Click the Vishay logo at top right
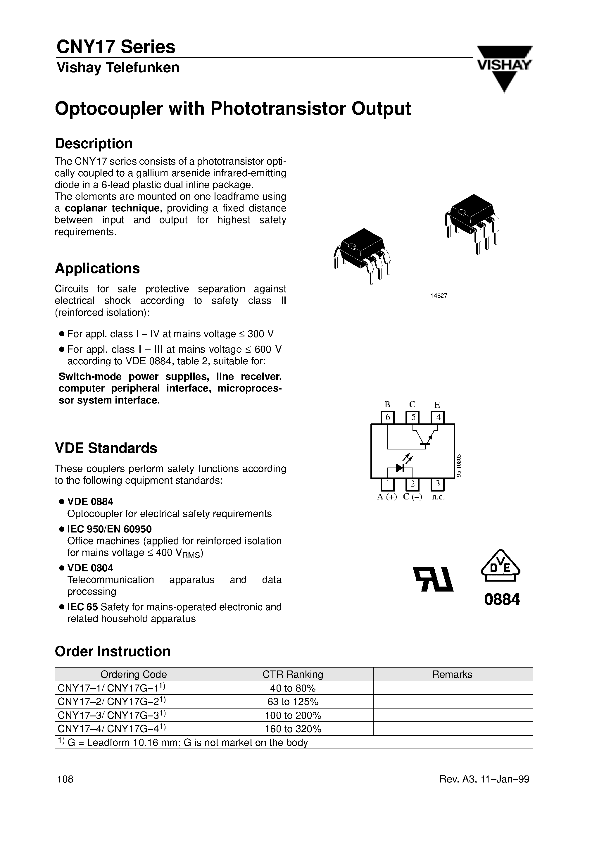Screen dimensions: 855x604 [504, 67]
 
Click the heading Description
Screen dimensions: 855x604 [94, 143]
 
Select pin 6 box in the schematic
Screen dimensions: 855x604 [387, 417]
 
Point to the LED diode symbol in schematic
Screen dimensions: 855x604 [400, 468]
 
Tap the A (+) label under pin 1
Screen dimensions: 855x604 [387, 497]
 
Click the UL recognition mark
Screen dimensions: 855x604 [434, 580]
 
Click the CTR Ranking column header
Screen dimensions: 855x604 [293, 674]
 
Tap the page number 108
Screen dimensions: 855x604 [65, 779]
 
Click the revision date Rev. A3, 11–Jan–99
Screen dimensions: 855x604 [484, 779]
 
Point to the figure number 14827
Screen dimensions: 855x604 [438, 296]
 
